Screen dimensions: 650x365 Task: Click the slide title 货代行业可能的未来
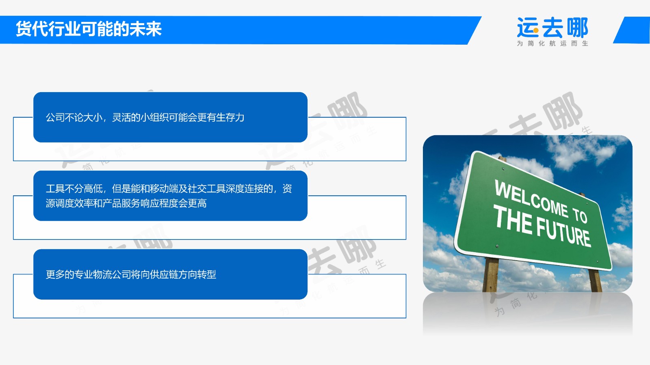89,29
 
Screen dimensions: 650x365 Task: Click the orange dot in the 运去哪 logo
536,30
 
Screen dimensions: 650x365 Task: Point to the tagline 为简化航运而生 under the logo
552,43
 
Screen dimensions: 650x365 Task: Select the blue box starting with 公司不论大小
170,117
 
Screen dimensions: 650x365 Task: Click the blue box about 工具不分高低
170,196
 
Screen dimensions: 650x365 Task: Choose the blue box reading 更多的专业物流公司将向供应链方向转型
170,274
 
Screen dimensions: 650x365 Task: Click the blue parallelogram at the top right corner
632,30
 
